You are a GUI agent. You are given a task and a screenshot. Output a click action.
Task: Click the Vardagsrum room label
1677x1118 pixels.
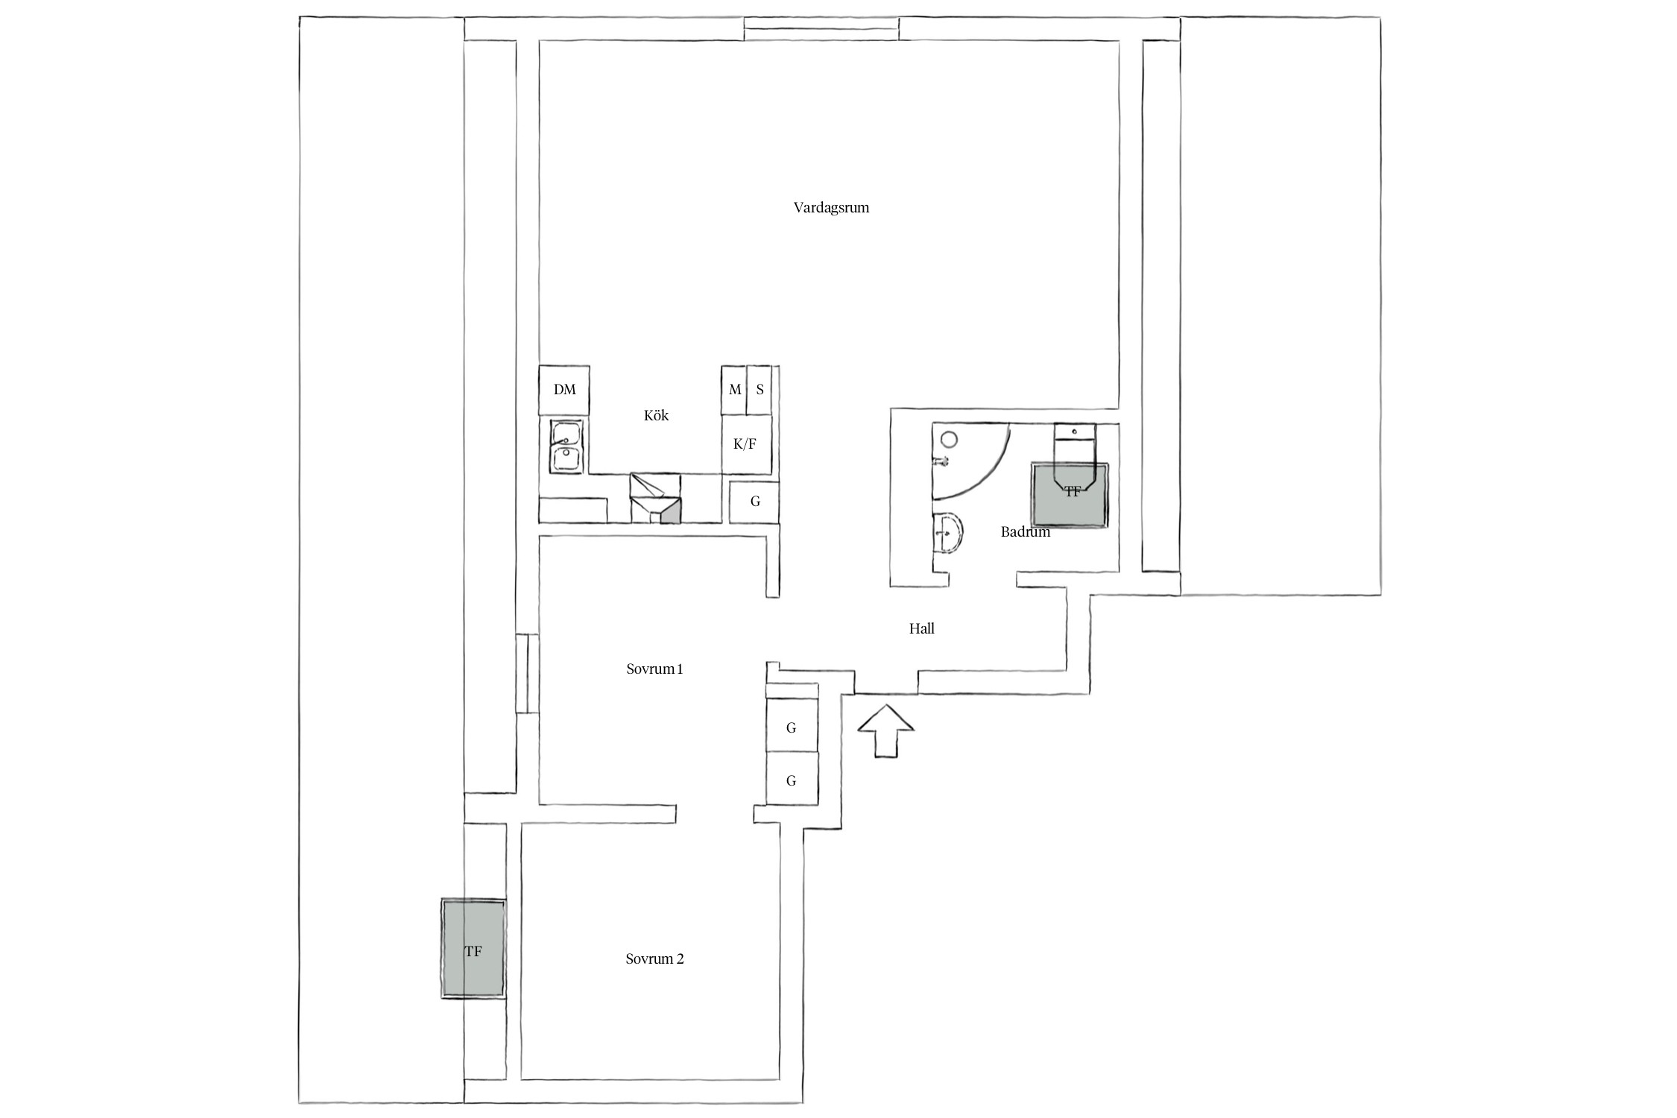tap(831, 207)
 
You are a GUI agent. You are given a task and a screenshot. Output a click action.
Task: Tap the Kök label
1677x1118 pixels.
tap(656, 415)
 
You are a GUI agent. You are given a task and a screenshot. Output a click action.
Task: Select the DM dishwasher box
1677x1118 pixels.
tap(564, 390)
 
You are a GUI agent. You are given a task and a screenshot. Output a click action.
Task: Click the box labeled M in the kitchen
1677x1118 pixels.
tap(734, 390)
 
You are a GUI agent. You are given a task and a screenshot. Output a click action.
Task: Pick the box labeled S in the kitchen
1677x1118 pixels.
tap(759, 390)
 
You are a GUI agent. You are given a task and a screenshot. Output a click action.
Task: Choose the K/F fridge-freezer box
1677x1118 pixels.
tap(746, 444)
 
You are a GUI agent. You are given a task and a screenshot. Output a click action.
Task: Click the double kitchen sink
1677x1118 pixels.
tap(566, 446)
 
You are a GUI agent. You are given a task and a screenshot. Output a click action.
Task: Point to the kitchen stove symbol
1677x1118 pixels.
tap(656, 497)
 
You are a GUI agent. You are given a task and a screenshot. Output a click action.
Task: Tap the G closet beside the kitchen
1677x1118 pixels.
tap(754, 502)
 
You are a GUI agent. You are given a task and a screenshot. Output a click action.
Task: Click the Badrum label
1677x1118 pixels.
tap(1026, 531)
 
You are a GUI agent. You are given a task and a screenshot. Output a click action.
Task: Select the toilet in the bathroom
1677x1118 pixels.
tap(1074, 455)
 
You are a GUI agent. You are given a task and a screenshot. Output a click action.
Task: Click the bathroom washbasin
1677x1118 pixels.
tap(947, 533)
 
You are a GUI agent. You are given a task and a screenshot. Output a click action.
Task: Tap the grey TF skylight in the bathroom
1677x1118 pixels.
tap(1070, 495)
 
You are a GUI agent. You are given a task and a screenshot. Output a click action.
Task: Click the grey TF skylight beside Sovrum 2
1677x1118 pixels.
tap(473, 948)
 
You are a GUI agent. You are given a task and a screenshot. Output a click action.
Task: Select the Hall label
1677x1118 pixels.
tap(921, 628)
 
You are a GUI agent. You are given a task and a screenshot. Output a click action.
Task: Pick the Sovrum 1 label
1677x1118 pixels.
tap(654, 669)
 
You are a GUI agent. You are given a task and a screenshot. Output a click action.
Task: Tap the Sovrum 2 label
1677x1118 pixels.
tap(654, 958)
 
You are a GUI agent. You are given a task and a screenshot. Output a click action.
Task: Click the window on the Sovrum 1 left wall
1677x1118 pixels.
tap(527, 674)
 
